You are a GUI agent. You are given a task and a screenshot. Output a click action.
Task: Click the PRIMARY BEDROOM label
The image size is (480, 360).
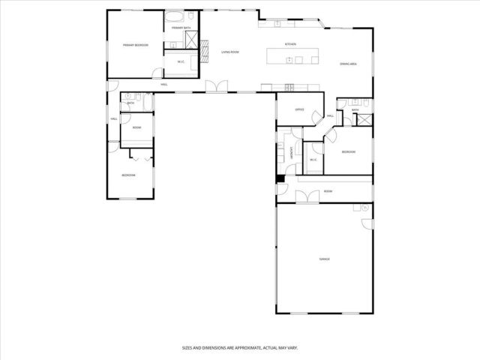coord(136,45)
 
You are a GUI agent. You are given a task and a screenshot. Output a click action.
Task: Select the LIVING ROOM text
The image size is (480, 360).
coord(229,52)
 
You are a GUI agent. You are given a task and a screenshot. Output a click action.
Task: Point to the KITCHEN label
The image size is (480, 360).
coord(290,44)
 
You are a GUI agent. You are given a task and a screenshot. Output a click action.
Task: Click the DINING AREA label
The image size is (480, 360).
coord(347,64)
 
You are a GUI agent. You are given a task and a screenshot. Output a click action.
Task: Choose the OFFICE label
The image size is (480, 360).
coord(298,109)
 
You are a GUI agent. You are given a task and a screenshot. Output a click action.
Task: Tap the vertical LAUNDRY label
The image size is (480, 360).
coord(292,153)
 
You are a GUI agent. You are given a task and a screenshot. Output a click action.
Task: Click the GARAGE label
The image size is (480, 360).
coord(324,259)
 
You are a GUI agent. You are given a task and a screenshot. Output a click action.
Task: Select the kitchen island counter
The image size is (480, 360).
coord(293,54)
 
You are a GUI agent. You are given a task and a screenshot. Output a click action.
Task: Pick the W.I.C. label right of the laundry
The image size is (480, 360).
coord(313,160)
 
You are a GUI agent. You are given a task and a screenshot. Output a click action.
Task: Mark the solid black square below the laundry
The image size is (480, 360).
coord(280,178)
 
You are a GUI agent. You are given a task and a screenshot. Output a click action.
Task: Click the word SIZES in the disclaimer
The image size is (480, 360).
coord(188,347)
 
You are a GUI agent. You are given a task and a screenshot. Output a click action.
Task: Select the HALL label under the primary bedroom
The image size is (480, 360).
coord(163,84)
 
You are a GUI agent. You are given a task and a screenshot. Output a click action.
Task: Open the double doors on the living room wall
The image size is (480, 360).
coord(216,87)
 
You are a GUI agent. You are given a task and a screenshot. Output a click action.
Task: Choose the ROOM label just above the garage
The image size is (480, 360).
coord(328,191)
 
